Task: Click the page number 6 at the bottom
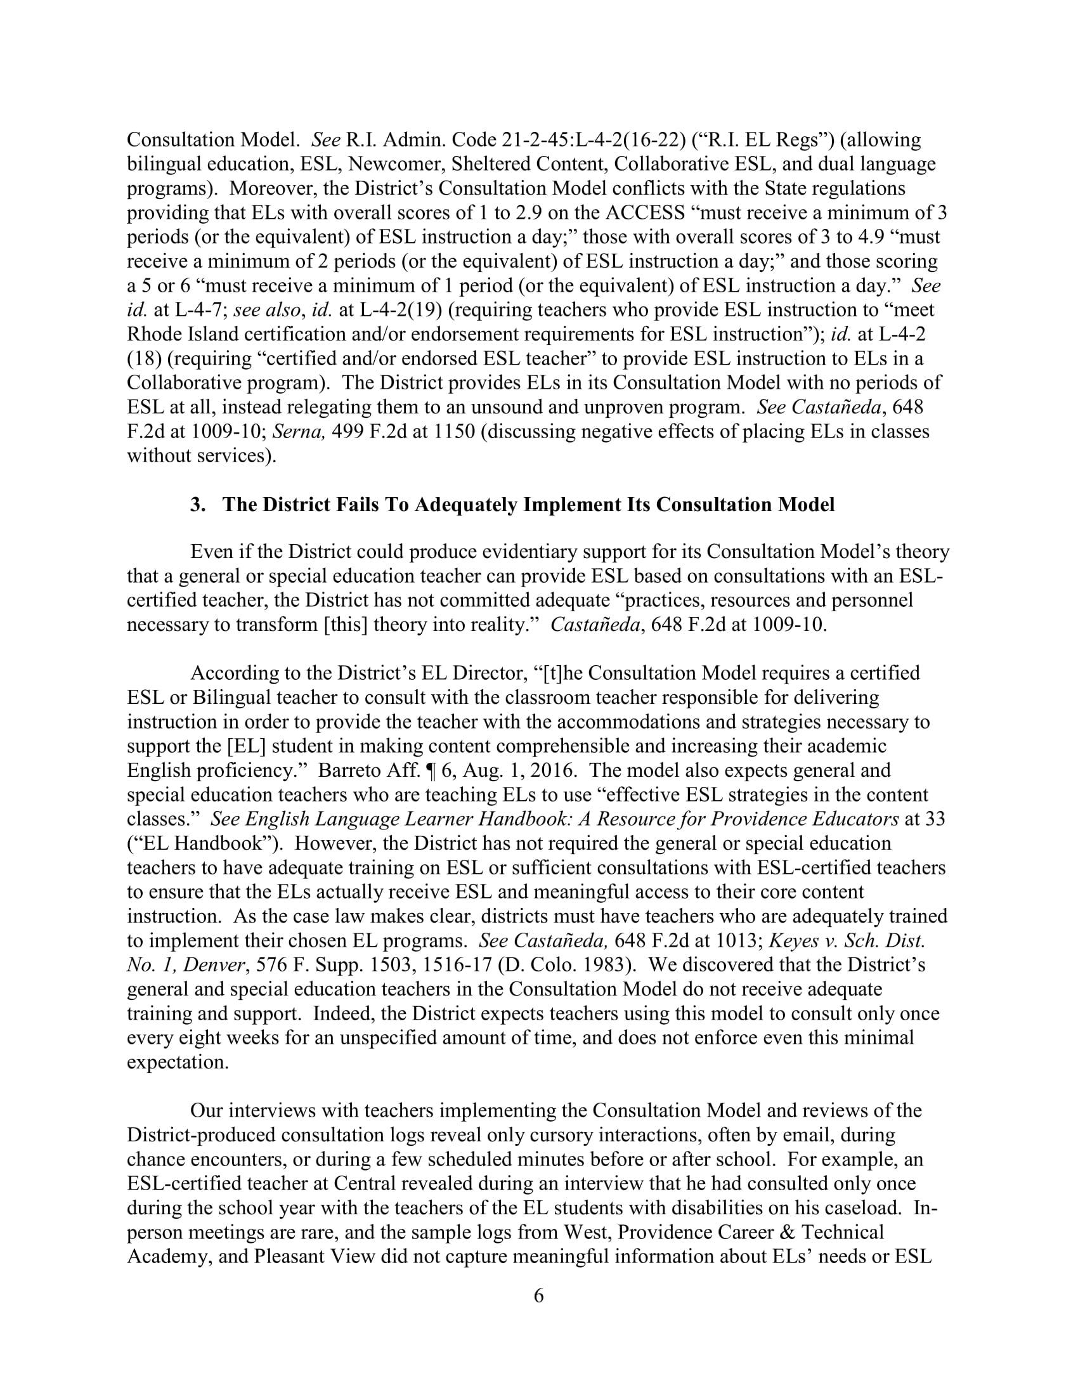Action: tap(538, 1296)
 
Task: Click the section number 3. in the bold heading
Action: tap(198, 505)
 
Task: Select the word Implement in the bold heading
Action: tap(567, 505)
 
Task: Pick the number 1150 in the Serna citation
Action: tap(454, 432)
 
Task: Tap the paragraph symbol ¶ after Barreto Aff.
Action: tap(424, 770)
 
